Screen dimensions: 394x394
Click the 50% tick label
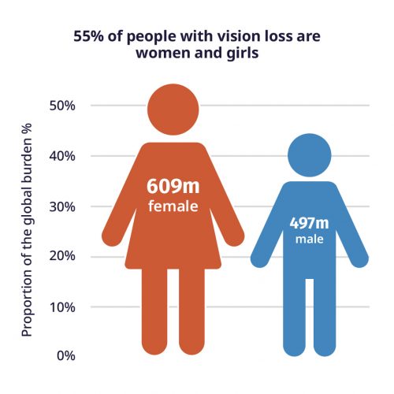[x=62, y=106]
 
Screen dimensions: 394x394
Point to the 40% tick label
[x=62, y=156]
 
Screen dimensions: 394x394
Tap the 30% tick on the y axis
[x=62, y=207]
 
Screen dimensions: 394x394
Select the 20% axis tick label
[x=62, y=255]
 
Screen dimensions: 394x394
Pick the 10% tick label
[x=62, y=307]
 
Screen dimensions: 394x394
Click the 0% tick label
[x=66, y=355]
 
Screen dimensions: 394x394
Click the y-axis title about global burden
[x=27, y=230]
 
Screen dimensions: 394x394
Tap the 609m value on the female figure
[x=173, y=186]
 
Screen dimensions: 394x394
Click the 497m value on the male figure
[x=310, y=223]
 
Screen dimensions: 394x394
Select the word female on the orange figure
[x=173, y=206]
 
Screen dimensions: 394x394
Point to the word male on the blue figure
[x=310, y=239]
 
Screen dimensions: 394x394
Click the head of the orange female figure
[x=173, y=110]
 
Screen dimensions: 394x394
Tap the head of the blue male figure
[x=310, y=155]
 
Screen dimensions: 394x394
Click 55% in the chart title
[x=88, y=36]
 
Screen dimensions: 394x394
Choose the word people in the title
[x=151, y=37]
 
